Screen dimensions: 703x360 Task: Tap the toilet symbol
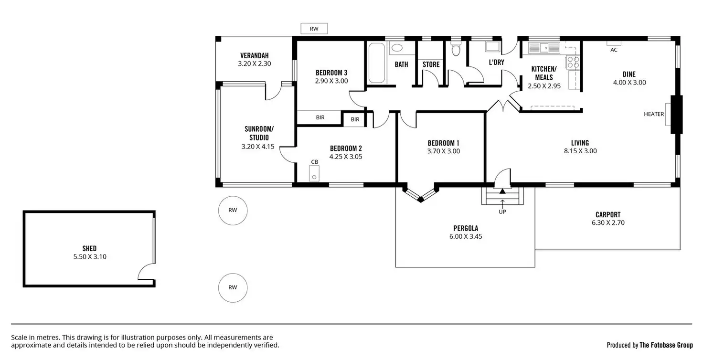[455, 49]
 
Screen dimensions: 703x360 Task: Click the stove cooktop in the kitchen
[572, 63]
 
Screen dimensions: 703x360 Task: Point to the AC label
[614, 50]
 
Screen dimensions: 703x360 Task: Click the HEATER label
[654, 114]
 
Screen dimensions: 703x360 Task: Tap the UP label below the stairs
[502, 212]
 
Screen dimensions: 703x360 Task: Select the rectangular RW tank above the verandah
[314, 29]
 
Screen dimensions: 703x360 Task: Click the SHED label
[89, 248]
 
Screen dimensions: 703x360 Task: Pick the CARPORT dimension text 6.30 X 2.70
[608, 222]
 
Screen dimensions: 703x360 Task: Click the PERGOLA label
[466, 228]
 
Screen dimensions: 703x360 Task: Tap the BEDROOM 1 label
[443, 143]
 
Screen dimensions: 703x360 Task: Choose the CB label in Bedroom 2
[315, 162]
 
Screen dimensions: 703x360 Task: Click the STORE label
[431, 64]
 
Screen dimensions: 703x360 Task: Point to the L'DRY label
[496, 62]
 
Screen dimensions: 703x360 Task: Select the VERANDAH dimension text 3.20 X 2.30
[254, 63]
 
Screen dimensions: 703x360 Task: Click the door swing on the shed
[146, 272]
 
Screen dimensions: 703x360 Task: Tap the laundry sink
[492, 46]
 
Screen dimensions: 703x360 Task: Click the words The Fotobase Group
[666, 345]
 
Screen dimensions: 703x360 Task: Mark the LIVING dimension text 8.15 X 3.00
[580, 151]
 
